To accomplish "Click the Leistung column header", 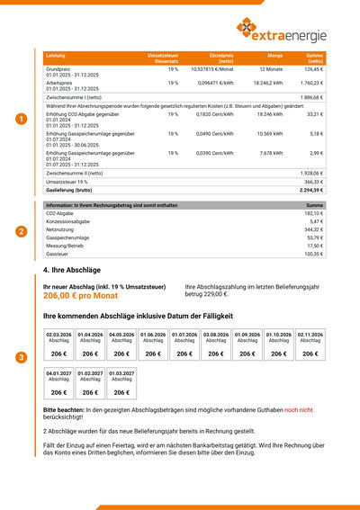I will (x=56, y=56).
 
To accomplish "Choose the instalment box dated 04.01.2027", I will (x=58, y=384).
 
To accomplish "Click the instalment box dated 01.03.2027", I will (x=121, y=384).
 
